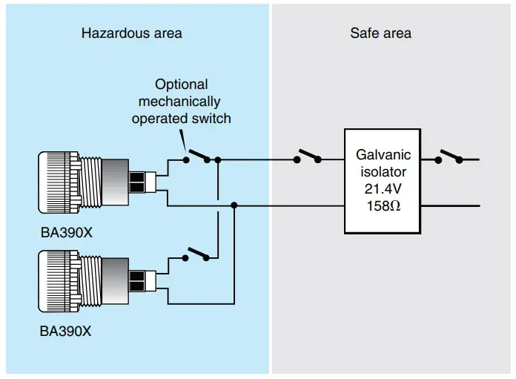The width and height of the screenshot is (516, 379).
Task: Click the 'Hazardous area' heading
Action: pyautogui.click(x=131, y=33)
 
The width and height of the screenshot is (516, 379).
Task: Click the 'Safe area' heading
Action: pyautogui.click(x=380, y=33)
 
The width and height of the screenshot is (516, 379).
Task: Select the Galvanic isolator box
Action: pyautogui.click(x=382, y=180)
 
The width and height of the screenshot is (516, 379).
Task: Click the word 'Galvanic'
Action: pyautogui.click(x=383, y=155)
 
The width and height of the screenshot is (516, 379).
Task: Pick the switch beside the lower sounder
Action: pyautogui.click(x=197, y=254)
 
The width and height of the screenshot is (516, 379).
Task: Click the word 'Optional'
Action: pyautogui.click(x=181, y=85)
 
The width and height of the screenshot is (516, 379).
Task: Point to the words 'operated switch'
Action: pyautogui.click(x=181, y=118)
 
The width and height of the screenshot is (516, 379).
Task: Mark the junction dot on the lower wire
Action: pyautogui.click(x=234, y=205)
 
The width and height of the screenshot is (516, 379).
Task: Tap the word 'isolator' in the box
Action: pyautogui.click(x=383, y=172)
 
